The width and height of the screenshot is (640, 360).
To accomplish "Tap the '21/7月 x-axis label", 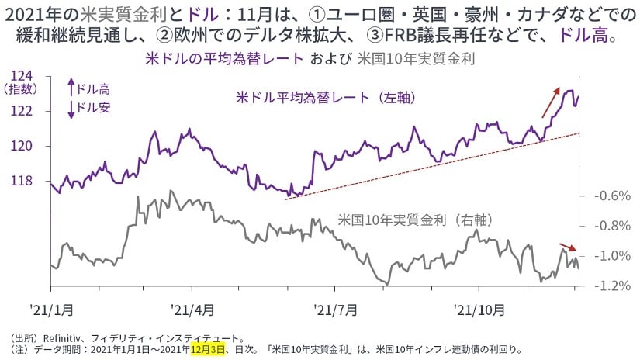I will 336,310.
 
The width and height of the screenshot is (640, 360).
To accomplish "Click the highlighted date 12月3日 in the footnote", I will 207,349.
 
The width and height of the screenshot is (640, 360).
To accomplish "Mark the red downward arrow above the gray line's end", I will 569,247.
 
